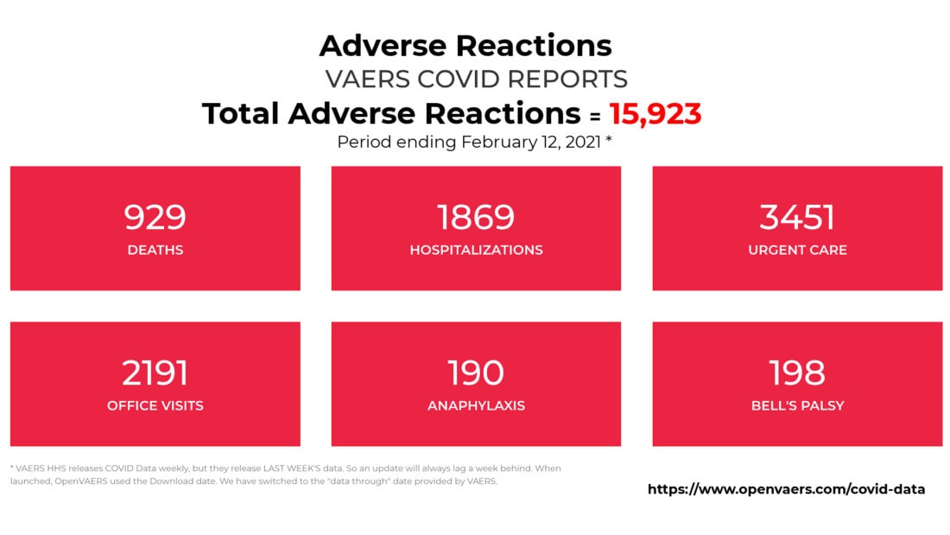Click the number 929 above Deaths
(x=155, y=217)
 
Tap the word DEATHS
(x=155, y=250)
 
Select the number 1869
(x=476, y=217)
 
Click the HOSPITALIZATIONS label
(x=476, y=250)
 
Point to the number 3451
(x=797, y=217)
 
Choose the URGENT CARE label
(x=797, y=250)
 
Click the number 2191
(x=155, y=373)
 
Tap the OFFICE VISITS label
(x=155, y=406)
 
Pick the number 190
(x=476, y=373)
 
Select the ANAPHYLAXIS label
(x=476, y=406)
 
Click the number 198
(x=797, y=373)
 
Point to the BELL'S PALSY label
(x=797, y=406)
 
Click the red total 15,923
(x=655, y=114)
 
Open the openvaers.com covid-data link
(x=787, y=489)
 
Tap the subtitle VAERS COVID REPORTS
(x=476, y=79)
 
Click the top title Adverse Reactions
(x=465, y=46)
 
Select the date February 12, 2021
(x=531, y=142)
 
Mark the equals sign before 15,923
(x=596, y=116)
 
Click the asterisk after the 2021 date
(x=609, y=139)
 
